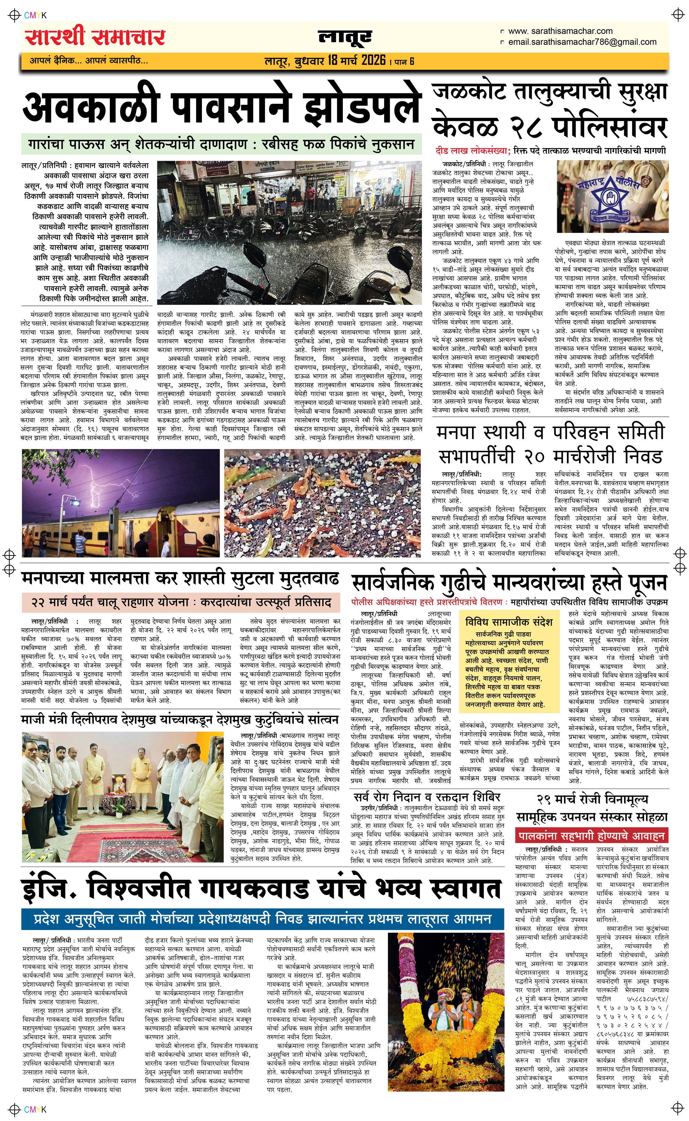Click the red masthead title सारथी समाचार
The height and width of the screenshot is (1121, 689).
click(x=95, y=37)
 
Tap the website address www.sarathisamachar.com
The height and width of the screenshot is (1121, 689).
click(x=560, y=31)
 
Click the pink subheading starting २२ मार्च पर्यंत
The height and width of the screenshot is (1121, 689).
click(x=181, y=602)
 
